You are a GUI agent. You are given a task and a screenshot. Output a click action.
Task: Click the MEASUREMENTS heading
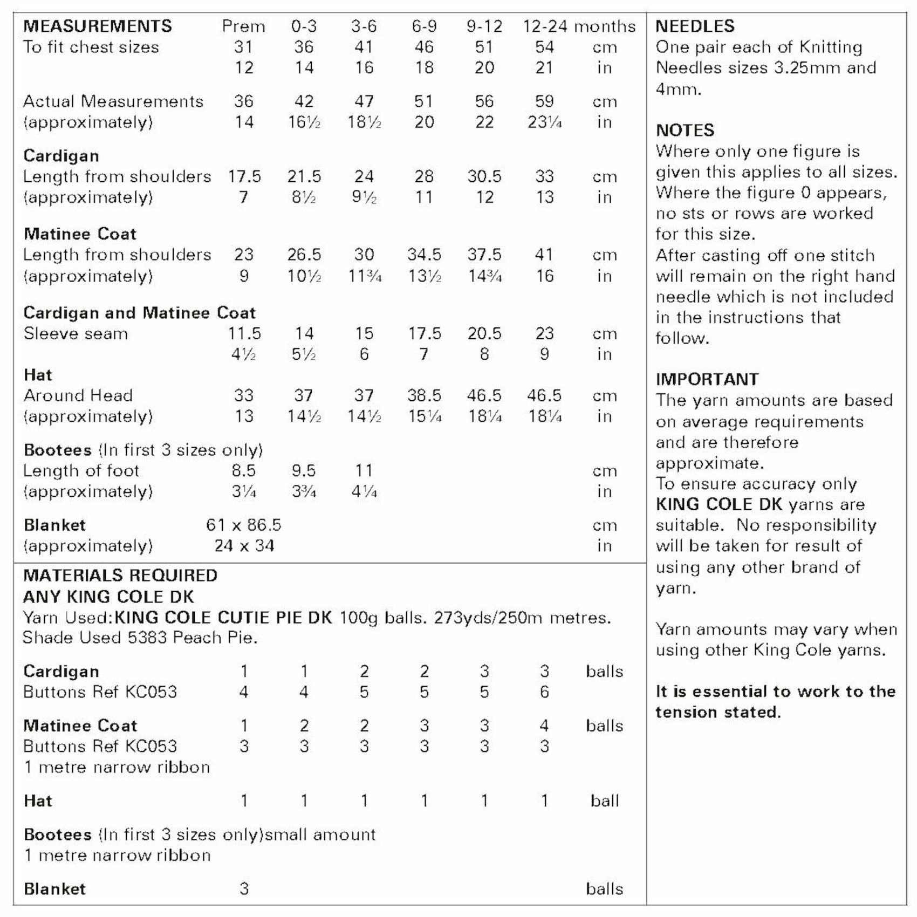[x=97, y=26]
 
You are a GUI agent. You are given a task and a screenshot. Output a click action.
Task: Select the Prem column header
[x=243, y=26]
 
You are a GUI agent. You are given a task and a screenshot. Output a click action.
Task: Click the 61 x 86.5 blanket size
[x=243, y=525]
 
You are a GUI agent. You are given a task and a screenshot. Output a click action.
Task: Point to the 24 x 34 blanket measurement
[x=244, y=546]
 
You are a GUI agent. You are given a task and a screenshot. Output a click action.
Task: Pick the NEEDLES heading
[x=695, y=26]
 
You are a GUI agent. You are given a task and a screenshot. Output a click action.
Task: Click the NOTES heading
[x=685, y=130]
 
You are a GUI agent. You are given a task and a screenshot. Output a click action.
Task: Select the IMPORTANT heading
[x=707, y=379]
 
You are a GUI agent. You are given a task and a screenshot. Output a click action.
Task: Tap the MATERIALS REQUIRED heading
[x=120, y=576]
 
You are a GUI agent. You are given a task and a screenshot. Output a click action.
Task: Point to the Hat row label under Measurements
[x=38, y=375]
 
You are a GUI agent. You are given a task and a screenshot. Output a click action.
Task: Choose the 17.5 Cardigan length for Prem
[x=244, y=176]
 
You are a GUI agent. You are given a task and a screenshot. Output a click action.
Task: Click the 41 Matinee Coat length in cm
[x=544, y=255]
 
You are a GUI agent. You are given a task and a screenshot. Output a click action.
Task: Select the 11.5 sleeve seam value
[x=244, y=333]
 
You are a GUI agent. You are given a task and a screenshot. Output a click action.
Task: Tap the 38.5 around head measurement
[x=424, y=395]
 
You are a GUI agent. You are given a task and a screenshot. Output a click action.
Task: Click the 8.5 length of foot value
[x=243, y=470]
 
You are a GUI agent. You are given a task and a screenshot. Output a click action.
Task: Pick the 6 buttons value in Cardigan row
[x=544, y=692]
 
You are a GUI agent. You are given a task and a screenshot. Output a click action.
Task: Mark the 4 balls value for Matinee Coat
[x=544, y=726]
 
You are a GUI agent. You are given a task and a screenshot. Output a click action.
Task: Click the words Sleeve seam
[x=76, y=333]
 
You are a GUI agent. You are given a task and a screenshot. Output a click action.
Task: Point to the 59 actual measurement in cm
[x=544, y=101]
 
